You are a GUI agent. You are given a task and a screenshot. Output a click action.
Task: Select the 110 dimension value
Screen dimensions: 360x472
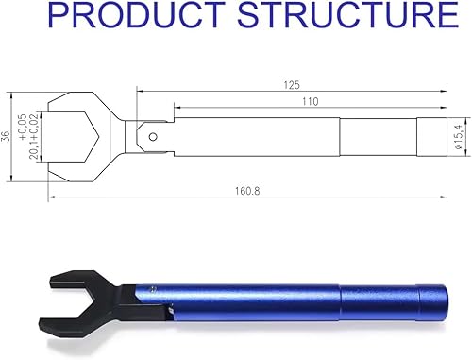point(310,100)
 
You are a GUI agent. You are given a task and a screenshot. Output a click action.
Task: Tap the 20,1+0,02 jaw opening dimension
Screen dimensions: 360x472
point(37,143)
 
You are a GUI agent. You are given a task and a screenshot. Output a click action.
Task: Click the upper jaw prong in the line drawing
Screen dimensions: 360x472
point(71,104)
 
